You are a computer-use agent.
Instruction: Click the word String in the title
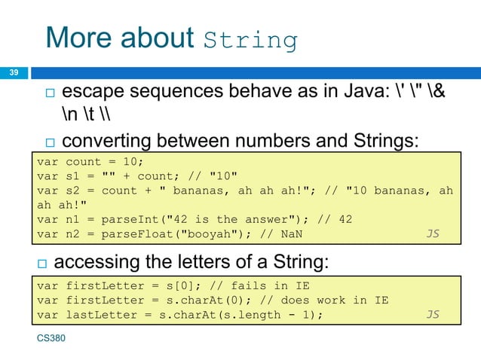tap(251, 40)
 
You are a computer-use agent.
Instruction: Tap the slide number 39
tap(13, 73)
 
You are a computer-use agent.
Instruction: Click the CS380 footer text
tap(51, 339)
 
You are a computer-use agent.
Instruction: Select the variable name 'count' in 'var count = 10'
tap(84, 162)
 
